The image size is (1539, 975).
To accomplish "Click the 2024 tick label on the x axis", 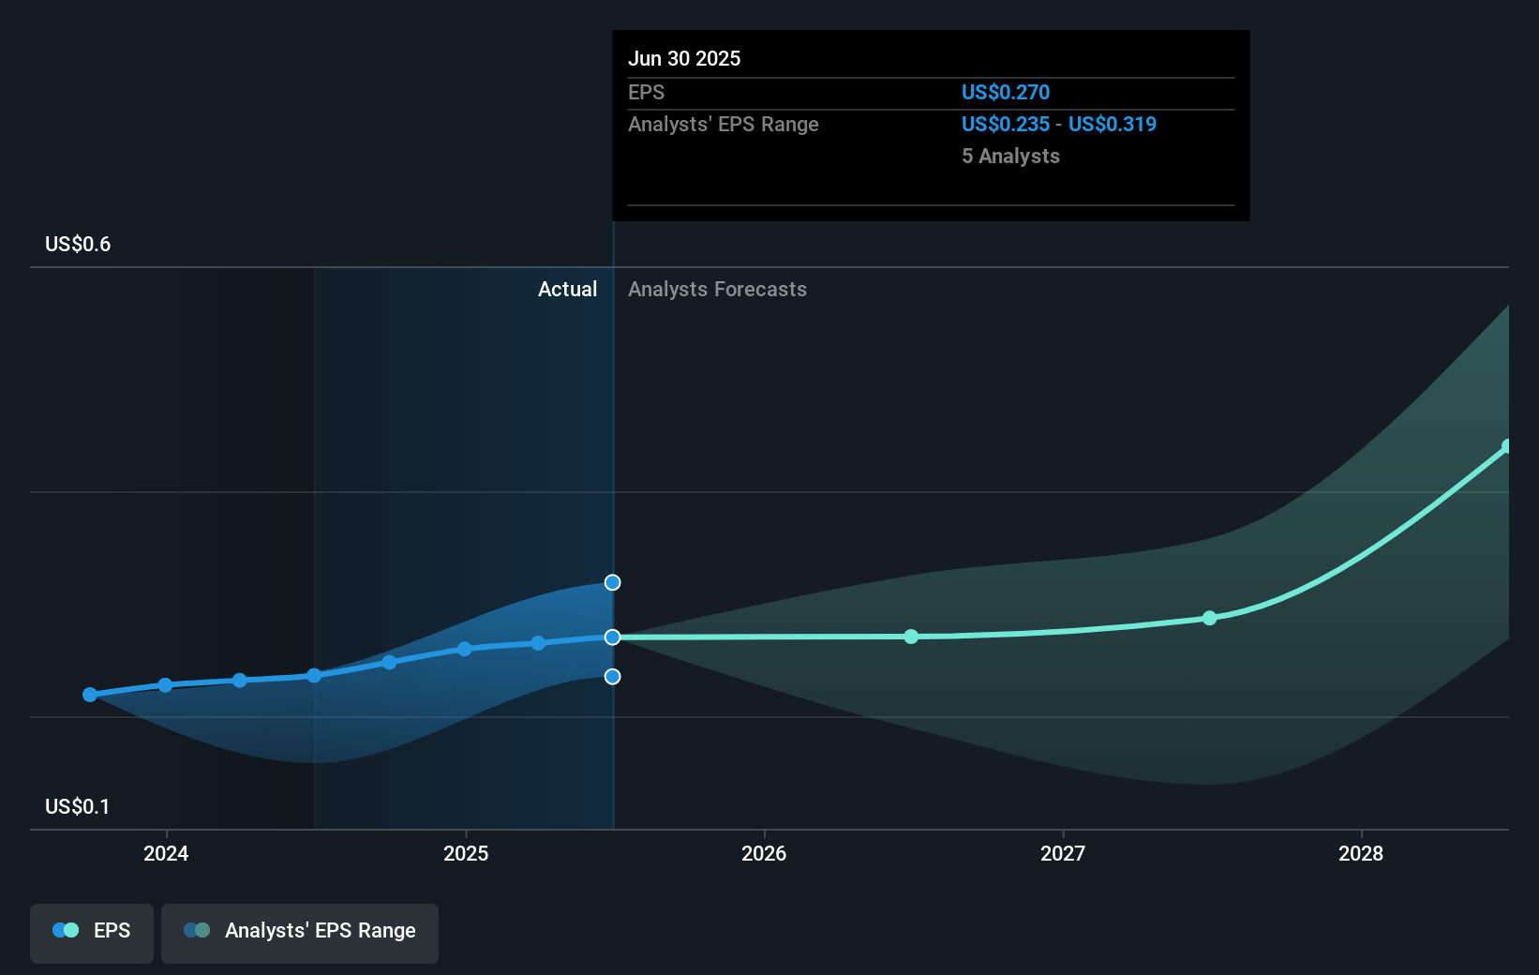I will (x=166, y=853).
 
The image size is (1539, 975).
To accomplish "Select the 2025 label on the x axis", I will (x=466, y=853).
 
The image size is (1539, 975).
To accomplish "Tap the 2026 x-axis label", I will (x=764, y=853).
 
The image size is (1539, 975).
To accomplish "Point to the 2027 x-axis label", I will (x=1063, y=853).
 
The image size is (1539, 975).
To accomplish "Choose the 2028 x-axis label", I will (x=1361, y=853).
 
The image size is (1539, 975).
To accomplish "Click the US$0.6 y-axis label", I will (x=78, y=245).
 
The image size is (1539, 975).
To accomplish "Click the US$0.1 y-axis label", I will (x=78, y=807).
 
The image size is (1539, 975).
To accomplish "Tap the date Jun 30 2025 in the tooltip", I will (x=684, y=58).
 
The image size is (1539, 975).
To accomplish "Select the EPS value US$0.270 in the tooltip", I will (x=1006, y=92).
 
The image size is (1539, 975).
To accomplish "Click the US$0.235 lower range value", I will (x=1006, y=124).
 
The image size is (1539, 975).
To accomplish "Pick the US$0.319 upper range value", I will (x=1113, y=124).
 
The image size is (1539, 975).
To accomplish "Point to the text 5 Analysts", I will (x=1010, y=156).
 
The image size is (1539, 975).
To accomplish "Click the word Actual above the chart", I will (x=567, y=289).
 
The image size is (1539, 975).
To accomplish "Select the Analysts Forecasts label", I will (x=717, y=289).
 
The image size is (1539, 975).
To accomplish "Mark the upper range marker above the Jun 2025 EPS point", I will (x=612, y=582).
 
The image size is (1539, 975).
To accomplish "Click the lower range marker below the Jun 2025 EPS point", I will (x=612, y=676).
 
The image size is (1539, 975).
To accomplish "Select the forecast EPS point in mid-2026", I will (x=911, y=637).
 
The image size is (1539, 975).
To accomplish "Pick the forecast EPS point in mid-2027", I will (x=1209, y=618).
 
